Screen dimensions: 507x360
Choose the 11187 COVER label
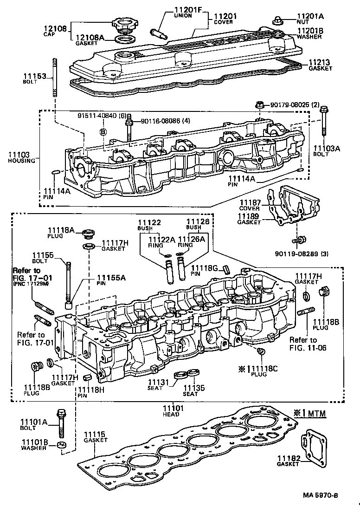tap(250, 205)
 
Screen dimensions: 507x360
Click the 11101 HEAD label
tap(173, 410)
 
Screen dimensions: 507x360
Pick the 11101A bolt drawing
tap(61, 423)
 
